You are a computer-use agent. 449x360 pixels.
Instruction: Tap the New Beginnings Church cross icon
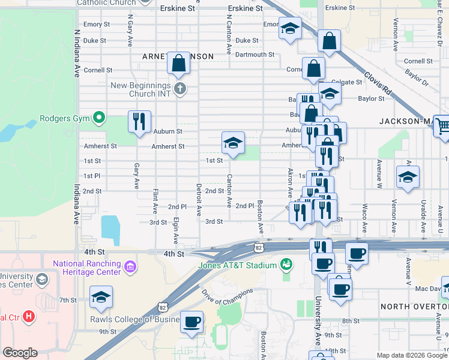179,89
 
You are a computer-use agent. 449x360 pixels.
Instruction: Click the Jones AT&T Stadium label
237,265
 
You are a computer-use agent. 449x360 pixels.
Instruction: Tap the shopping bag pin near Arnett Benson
179,64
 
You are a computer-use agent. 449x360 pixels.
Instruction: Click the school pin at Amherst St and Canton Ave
233,143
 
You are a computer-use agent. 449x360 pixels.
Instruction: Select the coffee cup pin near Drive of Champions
192,322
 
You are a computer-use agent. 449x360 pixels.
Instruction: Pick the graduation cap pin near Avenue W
408,178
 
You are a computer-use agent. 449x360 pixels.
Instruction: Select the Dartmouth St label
255,55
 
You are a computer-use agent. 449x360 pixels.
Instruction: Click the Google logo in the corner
20,352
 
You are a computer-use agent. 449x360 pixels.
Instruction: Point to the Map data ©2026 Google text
412,355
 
